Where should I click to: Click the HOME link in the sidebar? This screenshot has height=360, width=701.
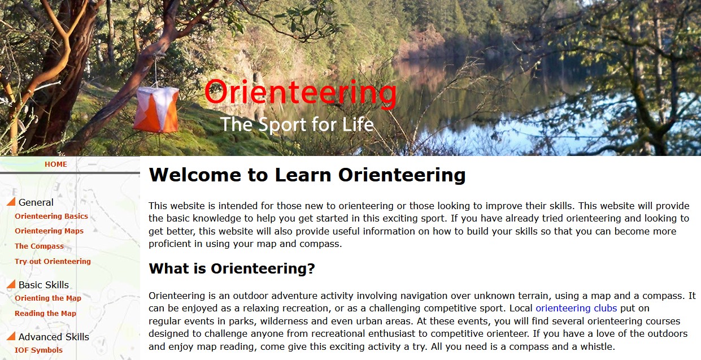(55, 164)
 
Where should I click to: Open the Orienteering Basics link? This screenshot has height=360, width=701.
(51, 216)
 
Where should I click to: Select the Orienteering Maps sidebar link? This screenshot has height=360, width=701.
(49, 231)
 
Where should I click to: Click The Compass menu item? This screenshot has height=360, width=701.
(39, 246)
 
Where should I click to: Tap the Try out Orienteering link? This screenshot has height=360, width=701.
(53, 262)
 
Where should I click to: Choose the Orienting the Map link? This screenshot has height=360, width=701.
(48, 298)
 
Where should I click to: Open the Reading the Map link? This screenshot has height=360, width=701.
(45, 314)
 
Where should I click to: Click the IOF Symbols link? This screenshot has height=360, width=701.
(38, 350)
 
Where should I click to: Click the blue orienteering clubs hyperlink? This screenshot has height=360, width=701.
(576, 309)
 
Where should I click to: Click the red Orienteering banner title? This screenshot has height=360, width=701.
(301, 93)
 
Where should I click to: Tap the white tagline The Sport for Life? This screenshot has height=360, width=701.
(297, 124)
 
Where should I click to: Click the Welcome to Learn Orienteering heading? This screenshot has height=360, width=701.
(307, 175)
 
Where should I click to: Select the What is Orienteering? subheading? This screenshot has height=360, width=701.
(232, 269)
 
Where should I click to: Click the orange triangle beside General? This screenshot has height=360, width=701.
(11, 202)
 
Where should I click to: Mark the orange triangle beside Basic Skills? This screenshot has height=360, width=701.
(11, 284)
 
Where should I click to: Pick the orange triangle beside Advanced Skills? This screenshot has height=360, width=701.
(11, 336)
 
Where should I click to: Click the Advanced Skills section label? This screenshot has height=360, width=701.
(54, 337)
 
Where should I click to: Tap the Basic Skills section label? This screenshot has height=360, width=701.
(43, 285)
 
